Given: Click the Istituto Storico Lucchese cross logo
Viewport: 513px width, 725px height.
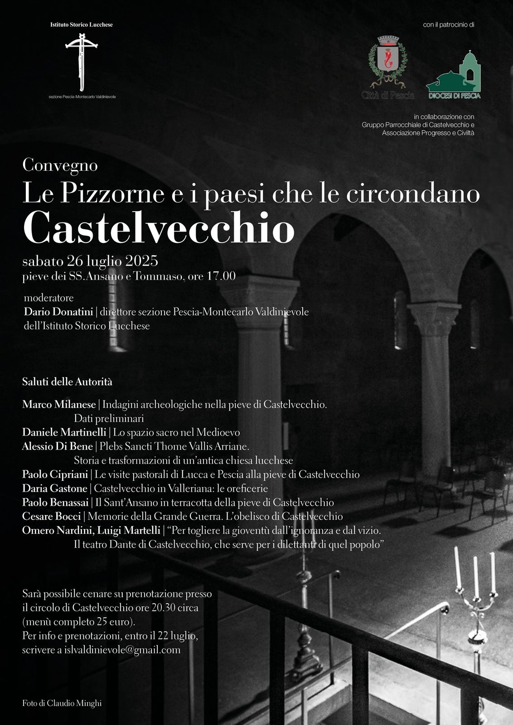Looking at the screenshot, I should (82, 61).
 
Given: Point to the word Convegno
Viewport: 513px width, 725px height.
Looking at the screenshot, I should (60, 165).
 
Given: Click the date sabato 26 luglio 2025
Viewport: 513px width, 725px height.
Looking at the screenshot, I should (90, 261).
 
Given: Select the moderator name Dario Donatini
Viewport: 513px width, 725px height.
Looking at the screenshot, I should (58, 312).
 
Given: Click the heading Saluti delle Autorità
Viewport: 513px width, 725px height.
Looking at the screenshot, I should (67, 382).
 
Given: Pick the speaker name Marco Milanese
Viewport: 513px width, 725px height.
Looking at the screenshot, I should (59, 404).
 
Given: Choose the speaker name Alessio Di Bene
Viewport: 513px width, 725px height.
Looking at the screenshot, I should (57, 446).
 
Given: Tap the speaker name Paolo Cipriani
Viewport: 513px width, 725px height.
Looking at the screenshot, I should (55, 474).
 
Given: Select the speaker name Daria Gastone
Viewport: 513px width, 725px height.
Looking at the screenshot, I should (54, 488).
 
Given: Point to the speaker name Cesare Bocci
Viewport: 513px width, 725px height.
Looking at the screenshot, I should (51, 516).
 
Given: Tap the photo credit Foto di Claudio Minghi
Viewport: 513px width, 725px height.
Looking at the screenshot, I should (62, 704).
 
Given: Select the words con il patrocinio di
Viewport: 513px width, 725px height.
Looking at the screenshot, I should (448, 25).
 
